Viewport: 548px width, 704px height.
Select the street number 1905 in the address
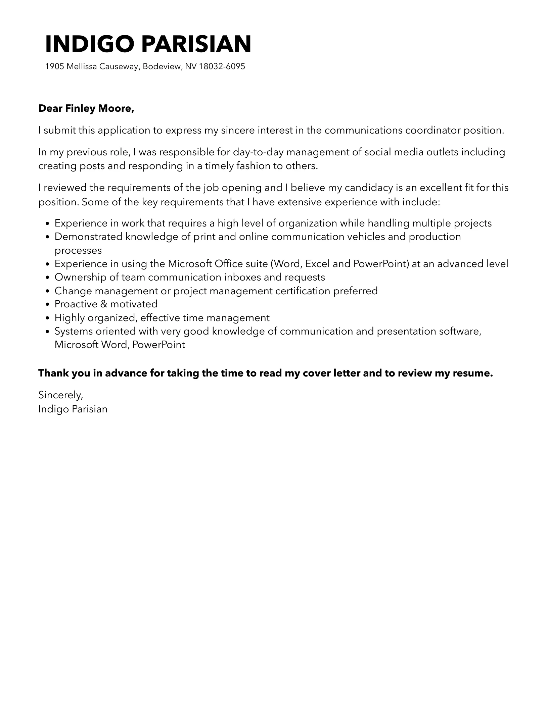54,66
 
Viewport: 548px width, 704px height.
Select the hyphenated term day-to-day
258,152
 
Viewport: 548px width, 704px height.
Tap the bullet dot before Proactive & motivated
47,304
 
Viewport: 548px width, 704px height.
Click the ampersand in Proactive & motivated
103,304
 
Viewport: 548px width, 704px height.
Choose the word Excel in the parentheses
317,264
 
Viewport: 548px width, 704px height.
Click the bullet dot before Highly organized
47,318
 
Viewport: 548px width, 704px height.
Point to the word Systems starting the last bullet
74,331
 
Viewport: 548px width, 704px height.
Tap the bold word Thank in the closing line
52,373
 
